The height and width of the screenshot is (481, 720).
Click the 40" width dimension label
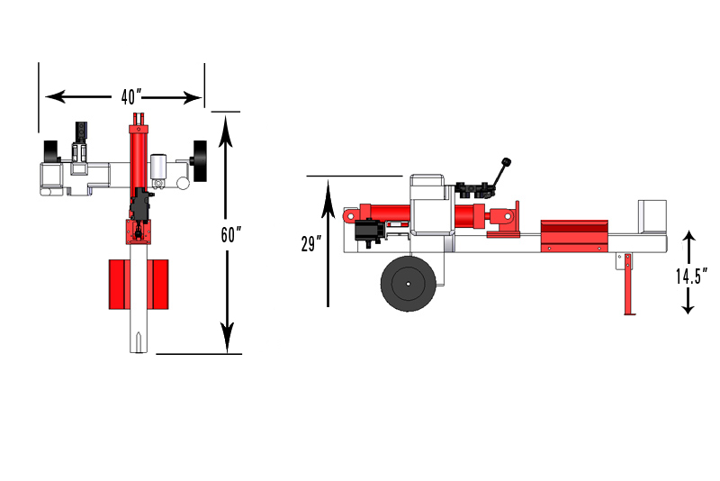pyautogui.click(x=131, y=97)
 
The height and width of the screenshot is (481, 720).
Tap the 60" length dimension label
pyautogui.click(x=231, y=235)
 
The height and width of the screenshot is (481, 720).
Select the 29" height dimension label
pyautogui.click(x=310, y=243)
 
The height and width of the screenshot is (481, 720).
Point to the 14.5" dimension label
pyautogui.click(x=691, y=277)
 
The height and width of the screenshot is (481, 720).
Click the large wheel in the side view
pyautogui.click(x=409, y=284)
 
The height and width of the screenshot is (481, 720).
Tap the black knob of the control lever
pyautogui.click(x=506, y=162)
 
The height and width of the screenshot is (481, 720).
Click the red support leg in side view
pyautogui.click(x=628, y=284)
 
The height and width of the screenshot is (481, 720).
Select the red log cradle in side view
pyautogui.click(x=574, y=236)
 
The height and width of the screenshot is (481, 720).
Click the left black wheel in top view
pyautogui.click(x=51, y=151)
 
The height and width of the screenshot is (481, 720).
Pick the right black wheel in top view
pyautogui.click(x=200, y=161)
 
